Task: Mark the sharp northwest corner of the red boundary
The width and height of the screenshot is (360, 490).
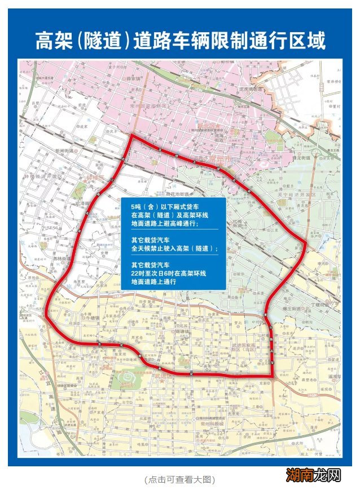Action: [x=133, y=135]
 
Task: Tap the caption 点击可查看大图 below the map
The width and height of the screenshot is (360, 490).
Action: [x=179, y=479]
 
